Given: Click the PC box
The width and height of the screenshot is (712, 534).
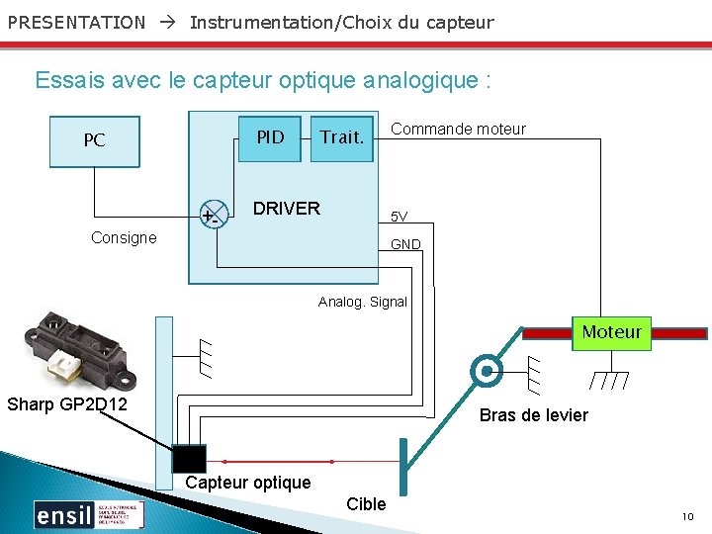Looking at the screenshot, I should pyautogui.click(x=94, y=140).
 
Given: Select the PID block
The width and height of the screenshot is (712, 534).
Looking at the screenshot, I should pyautogui.click(x=271, y=137).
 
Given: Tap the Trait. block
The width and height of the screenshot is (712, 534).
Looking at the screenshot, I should pyautogui.click(x=342, y=137).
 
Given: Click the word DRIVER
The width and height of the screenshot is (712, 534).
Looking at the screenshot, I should pyautogui.click(x=287, y=208).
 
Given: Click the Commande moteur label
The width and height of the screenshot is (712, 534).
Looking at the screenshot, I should pyautogui.click(x=458, y=129).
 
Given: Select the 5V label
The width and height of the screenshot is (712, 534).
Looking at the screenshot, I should pyautogui.click(x=399, y=217).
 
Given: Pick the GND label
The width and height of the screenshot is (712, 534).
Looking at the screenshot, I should pyautogui.click(x=405, y=244).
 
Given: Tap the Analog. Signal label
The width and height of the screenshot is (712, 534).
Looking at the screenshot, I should pyautogui.click(x=362, y=302).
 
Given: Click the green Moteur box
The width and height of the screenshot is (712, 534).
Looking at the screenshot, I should pyautogui.click(x=611, y=332).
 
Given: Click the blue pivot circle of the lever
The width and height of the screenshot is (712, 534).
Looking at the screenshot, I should pyautogui.click(x=486, y=372).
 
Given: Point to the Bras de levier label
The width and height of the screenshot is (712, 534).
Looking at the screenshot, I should pyautogui.click(x=533, y=415).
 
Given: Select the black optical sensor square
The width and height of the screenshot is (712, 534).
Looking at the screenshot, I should pyautogui.click(x=189, y=459).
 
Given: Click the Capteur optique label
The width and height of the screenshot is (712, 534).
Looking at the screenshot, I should pyautogui.click(x=248, y=483).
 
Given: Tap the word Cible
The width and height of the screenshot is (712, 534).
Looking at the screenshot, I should pyautogui.click(x=366, y=504).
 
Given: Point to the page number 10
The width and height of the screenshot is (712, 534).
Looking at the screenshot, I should pyautogui.click(x=687, y=517).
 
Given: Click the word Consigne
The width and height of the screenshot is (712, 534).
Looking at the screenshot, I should pyautogui.click(x=124, y=237).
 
